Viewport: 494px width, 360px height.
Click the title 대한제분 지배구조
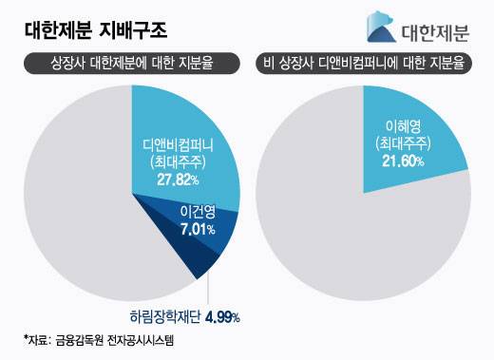95,29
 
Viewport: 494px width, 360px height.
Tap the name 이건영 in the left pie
192,211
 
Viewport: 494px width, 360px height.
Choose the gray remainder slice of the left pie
76,209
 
